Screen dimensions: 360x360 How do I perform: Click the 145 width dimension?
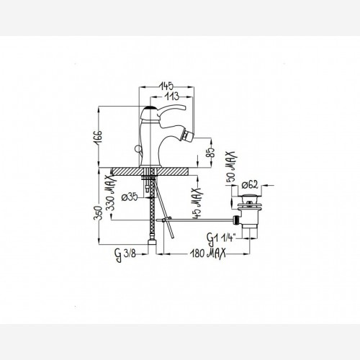point(167,85)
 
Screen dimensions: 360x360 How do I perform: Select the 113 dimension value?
point(172,96)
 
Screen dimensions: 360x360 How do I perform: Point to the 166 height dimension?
point(98,137)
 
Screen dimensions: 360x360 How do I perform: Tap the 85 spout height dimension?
point(211,152)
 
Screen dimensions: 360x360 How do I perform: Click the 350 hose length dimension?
point(98,212)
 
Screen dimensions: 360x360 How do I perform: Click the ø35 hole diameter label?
point(130,197)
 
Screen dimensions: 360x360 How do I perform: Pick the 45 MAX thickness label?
point(197,203)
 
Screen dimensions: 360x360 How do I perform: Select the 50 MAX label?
point(231,168)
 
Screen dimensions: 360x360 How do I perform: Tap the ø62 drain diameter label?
point(250,185)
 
